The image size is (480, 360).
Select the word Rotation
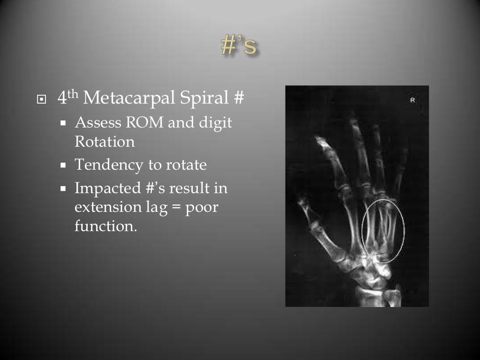coord(105,142)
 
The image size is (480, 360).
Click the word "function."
coord(106,226)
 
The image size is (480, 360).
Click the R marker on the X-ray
coord(412,100)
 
